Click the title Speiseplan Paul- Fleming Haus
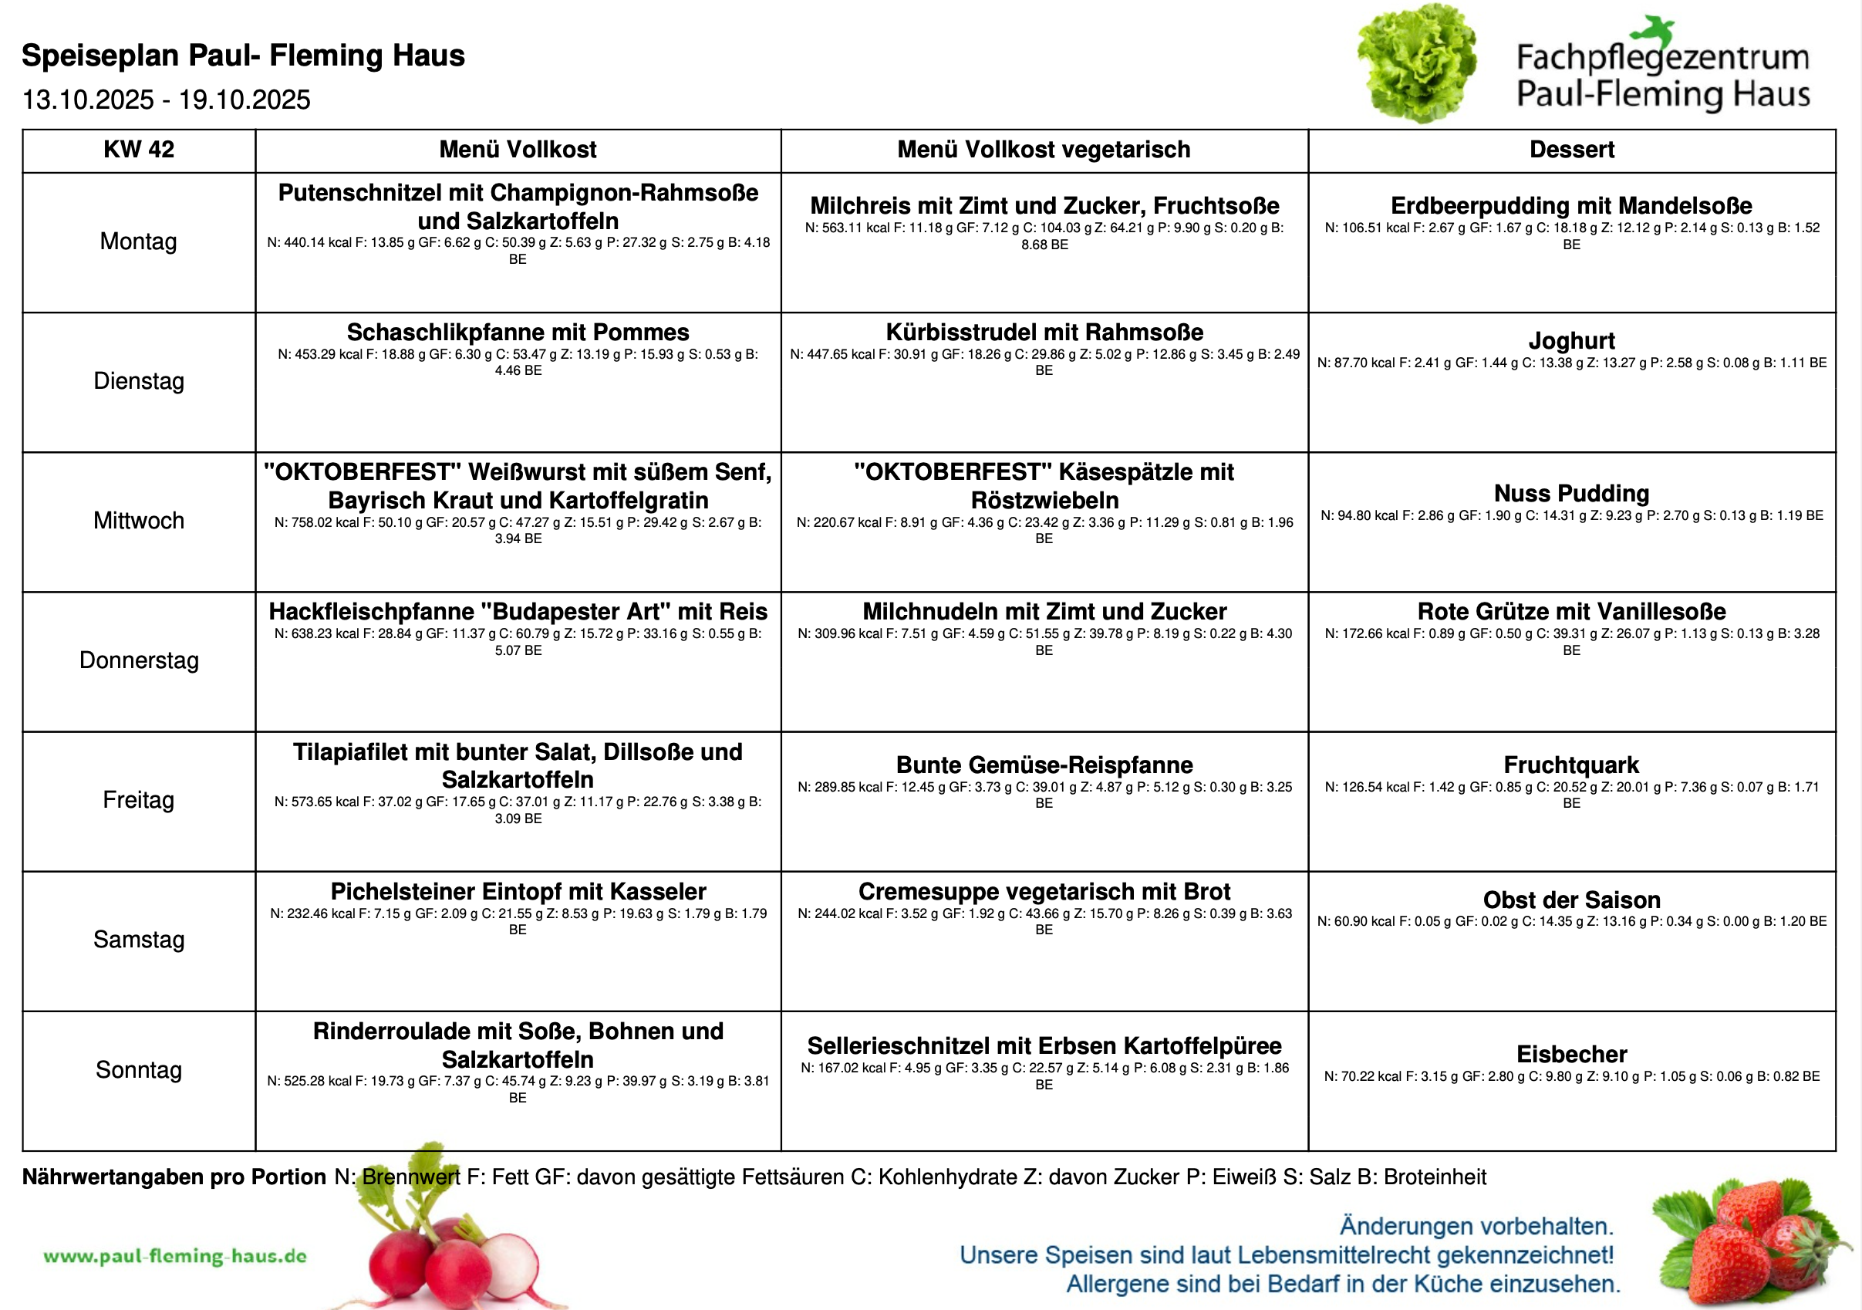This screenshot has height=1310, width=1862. tap(242, 55)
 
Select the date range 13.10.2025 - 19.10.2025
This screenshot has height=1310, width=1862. tap(167, 100)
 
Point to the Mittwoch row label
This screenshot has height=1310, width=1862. tap(139, 521)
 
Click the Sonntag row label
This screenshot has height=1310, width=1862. tap(139, 1070)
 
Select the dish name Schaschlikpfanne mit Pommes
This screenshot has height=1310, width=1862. tap(518, 333)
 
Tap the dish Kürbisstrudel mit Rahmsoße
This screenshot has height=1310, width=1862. tap(1044, 333)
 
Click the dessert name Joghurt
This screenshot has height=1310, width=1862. tap(1571, 341)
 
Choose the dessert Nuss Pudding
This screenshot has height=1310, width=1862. tap(1571, 493)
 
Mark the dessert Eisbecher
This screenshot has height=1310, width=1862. tap(1571, 1055)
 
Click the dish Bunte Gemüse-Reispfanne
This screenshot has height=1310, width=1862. tap(1044, 765)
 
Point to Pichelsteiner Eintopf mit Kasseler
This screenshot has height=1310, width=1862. tap(518, 891)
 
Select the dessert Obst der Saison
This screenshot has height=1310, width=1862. tap(1571, 900)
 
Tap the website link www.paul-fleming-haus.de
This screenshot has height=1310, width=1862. tap(175, 1257)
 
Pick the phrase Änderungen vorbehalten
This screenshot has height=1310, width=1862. tap(1476, 1226)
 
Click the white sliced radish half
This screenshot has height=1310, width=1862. tap(511, 1261)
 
